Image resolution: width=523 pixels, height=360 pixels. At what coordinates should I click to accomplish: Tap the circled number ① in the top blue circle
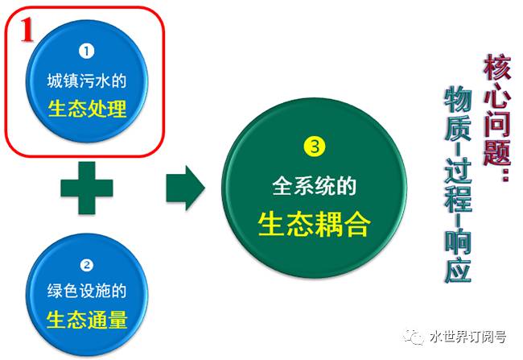pyautogui.click(x=87, y=51)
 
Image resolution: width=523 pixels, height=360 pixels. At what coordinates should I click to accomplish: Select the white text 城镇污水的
pyautogui.click(x=87, y=81)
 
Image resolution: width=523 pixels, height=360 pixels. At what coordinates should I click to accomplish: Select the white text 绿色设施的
pyautogui.click(x=87, y=292)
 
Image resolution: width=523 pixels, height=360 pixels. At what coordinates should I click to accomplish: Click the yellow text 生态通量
pyautogui.click(x=87, y=319)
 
